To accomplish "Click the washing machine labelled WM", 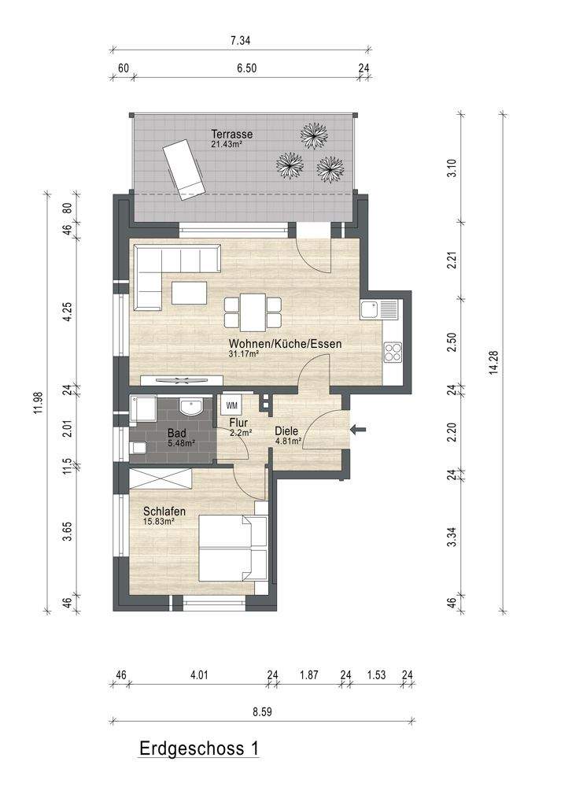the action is [x=232, y=405].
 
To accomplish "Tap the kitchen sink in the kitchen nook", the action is [x=379, y=309].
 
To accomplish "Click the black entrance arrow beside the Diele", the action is [x=358, y=430].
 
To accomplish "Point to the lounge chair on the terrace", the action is [x=183, y=169].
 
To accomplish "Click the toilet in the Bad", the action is [x=137, y=447].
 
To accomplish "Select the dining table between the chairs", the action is [x=253, y=312].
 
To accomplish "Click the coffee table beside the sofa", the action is [x=189, y=293].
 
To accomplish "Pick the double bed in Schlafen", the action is [x=234, y=548].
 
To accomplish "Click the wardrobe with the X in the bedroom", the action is [x=161, y=478].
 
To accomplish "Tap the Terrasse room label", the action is [x=232, y=134].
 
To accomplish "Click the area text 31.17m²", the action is [x=243, y=354].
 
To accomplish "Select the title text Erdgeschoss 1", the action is [x=199, y=748].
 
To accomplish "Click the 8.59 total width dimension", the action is [x=262, y=711].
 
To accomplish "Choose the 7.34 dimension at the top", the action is [x=240, y=41].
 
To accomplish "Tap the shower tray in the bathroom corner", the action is [x=143, y=409].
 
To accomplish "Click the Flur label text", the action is [x=238, y=423].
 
